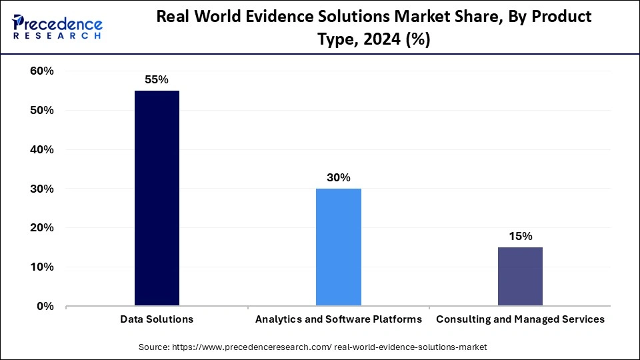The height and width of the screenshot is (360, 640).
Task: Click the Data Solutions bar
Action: pos(157,198)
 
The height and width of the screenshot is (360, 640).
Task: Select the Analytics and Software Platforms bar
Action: pos(338,247)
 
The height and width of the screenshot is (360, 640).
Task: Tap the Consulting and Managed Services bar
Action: pos(520,277)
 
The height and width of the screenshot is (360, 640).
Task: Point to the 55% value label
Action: pos(157,79)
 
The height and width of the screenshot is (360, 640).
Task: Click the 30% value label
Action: pos(338,177)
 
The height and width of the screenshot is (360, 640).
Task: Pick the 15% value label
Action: pos(520,236)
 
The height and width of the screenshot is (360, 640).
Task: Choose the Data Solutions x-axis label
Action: pos(157,319)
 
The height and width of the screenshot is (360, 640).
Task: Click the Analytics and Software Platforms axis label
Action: pos(338,319)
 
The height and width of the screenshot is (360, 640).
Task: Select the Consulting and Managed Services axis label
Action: pos(520,319)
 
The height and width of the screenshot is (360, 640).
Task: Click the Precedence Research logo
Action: pos(57,28)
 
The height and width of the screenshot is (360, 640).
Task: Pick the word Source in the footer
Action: pos(154,347)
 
